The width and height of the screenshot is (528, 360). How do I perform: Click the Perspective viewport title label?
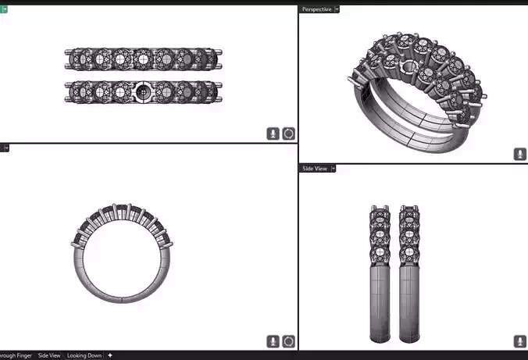316,9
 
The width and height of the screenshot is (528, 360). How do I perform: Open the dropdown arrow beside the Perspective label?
337,9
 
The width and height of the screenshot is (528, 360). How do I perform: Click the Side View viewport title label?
314,168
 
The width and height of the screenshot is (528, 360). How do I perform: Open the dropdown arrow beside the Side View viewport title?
334,168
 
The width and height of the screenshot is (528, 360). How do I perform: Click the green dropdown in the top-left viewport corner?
4,9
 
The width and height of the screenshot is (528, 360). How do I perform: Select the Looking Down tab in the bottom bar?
84,355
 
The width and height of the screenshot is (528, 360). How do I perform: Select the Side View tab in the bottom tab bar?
49,355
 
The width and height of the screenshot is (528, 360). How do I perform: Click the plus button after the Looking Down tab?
110,355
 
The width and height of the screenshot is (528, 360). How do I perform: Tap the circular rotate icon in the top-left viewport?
289,134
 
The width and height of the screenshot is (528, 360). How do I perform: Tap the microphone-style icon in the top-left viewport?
273,134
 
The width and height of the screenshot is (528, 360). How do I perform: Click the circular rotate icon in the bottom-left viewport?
289,341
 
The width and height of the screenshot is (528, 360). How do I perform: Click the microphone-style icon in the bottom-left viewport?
273,341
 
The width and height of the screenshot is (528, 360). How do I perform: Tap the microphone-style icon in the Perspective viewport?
519,154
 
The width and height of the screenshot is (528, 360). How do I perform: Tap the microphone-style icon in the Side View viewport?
519,341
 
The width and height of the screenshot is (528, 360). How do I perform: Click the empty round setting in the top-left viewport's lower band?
143,91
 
